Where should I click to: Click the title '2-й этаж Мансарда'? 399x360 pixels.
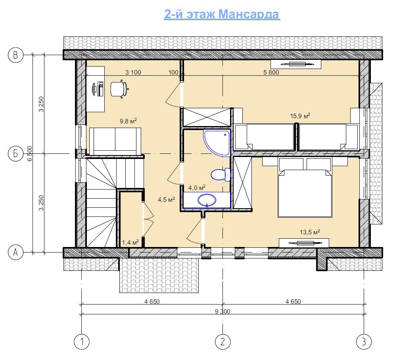[x=222, y=14]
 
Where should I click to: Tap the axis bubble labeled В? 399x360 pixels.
[x=15, y=55]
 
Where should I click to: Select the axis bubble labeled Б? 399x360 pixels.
[x=15, y=154]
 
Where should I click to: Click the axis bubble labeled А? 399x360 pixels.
[x=15, y=253]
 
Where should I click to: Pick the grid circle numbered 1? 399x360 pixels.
[x=82, y=342]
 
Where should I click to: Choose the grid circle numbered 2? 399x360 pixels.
[x=223, y=342]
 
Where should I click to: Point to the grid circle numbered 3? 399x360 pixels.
[x=364, y=342]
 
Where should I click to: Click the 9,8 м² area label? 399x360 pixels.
[x=128, y=121]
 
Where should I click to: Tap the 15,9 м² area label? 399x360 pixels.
[x=300, y=116]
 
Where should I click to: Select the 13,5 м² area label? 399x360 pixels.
[x=310, y=232]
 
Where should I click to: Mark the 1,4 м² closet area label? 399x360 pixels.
[x=130, y=242]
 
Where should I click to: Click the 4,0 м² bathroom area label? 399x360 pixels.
[x=197, y=188]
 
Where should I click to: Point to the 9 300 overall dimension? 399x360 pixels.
[x=223, y=311]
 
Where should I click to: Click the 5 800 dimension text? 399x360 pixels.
[x=271, y=72]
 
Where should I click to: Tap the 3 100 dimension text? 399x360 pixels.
[x=133, y=72]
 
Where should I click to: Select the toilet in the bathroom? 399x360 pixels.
[x=221, y=174]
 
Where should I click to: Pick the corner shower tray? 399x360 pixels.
[x=217, y=142]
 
